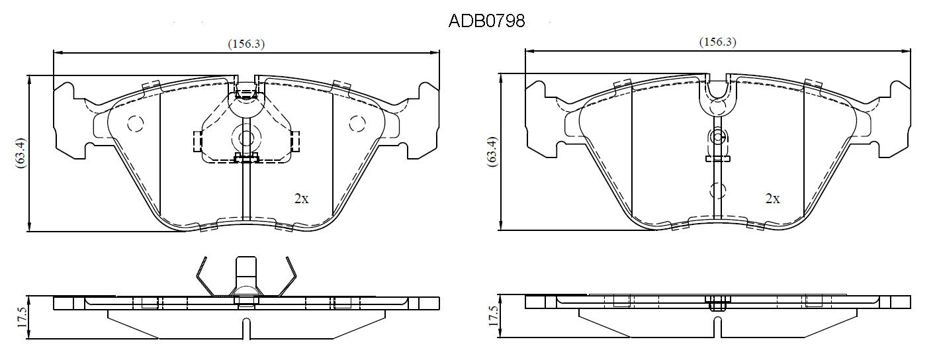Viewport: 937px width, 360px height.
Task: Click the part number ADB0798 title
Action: click(x=486, y=21)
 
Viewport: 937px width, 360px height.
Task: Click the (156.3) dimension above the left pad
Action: click(x=246, y=44)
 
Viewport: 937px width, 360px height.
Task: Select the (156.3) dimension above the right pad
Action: click(x=718, y=42)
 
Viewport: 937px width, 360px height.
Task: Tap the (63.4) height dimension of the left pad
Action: click(x=21, y=154)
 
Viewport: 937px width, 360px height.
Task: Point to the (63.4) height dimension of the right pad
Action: click(x=493, y=152)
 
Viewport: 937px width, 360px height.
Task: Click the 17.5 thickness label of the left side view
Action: click(x=22, y=318)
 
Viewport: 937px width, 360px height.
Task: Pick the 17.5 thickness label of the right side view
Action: click(x=494, y=316)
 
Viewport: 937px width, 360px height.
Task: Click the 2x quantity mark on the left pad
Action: click(x=301, y=199)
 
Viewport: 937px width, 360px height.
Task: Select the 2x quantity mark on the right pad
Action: click(x=773, y=199)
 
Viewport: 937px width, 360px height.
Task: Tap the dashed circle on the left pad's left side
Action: click(x=135, y=123)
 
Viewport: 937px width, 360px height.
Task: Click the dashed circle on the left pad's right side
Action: click(x=357, y=123)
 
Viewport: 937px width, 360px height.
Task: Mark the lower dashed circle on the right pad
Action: click(x=718, y=191)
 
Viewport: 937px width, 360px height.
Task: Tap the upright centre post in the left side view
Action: click(x=246, y=272)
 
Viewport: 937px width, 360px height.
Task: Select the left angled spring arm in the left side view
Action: click(x=205, y=277)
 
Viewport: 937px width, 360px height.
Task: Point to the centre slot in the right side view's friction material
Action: click(x=718, y=328)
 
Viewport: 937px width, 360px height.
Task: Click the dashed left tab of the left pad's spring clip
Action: click(x=197, y=142)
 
